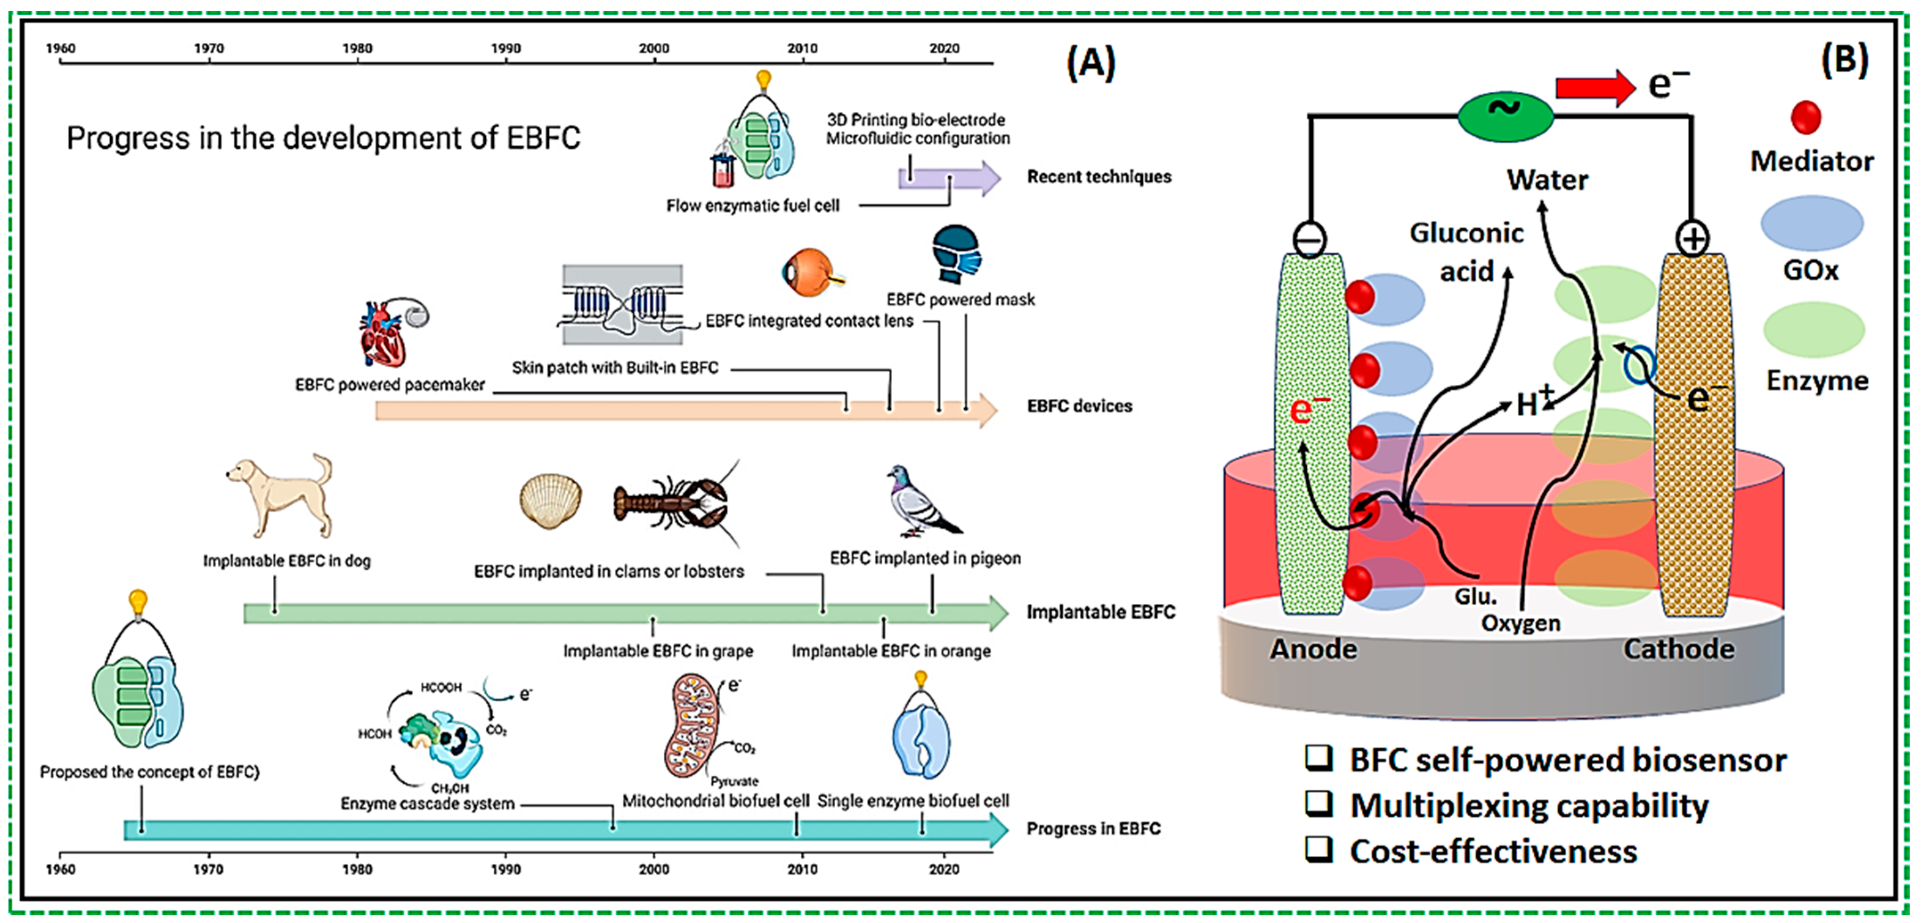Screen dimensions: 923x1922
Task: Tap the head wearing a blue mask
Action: (x=956, y=254)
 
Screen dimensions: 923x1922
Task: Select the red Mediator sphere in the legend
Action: (x=1806, y=117)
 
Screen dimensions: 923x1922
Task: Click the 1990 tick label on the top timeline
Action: (x=506, y=49)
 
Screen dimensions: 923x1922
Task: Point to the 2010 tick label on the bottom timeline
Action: (x=802, y=869)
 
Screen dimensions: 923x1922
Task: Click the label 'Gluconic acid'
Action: (x=1466, y=252)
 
